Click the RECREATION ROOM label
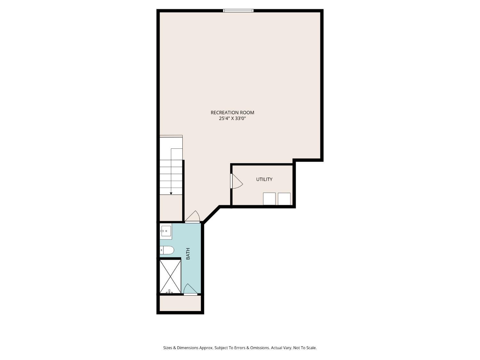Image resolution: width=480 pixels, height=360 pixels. click(x=232, y=113)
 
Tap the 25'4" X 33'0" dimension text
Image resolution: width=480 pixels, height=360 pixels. click(x=232, y=118)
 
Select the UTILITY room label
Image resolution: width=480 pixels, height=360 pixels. click(x=264, y=179)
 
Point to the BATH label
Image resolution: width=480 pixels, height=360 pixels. click(x=188, y=254)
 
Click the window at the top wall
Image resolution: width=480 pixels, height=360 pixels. click(x=238, y=11)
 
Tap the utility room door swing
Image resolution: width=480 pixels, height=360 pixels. click(x=236, y=181)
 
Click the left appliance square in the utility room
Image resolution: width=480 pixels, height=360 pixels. click(x=269, y=199)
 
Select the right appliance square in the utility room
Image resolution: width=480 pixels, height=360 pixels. click(x=284, y=199)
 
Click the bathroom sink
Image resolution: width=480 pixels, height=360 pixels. click(x=166, y=231)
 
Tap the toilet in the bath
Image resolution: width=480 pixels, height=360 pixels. click(x=167, y=250)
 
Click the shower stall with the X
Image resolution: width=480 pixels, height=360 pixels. click(x=170, y=276)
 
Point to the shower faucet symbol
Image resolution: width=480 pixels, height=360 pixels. click(x=169, y=291)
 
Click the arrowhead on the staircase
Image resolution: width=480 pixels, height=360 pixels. click(x=171, y=193)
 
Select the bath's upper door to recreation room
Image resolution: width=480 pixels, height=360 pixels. click(x=192, y=217)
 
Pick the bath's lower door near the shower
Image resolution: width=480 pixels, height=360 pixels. click(x=190, y=289)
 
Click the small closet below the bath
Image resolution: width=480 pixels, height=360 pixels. click(x=180, y=303)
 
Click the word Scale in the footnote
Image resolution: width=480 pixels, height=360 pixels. click(x=311, y=348)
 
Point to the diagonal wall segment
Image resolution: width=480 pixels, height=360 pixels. click(x=211, y=215)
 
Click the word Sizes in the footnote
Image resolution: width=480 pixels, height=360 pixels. click(x=168, y=348)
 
